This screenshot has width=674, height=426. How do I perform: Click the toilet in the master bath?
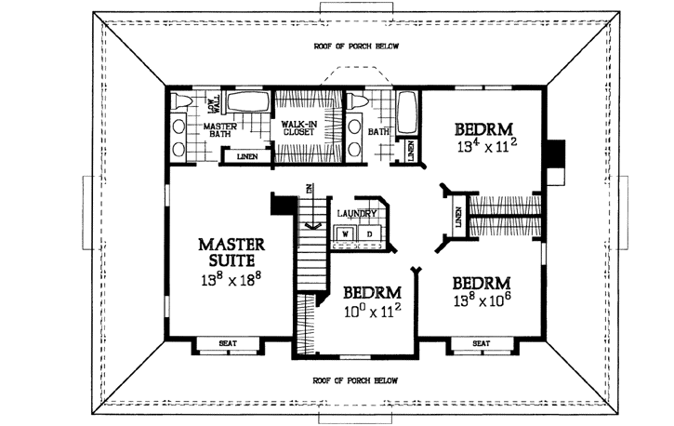point(182,101)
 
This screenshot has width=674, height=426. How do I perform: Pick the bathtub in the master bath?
point(247,104)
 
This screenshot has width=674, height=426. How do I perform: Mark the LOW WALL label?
point(211,100)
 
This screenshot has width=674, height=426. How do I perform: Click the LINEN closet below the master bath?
point(246,156)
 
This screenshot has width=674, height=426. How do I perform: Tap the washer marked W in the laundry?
point(343,233)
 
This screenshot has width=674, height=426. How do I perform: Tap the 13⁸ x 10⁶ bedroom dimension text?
point(482,302)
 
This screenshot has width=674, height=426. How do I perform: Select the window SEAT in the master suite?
point(228,343)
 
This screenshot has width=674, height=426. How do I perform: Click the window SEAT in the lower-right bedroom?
point(481,343)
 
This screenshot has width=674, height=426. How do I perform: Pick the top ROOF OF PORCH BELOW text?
point(354,47)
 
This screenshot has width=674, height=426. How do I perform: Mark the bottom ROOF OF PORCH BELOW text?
point(354,380)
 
